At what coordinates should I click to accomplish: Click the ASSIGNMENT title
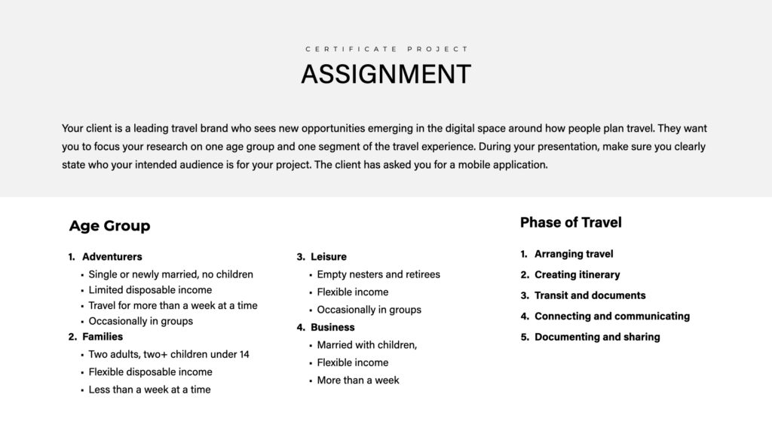(386, 75)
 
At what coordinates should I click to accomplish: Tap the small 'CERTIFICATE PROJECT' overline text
(386, 49)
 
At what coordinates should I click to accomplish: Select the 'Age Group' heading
(109, 226)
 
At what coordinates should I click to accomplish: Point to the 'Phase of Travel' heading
(571, 222)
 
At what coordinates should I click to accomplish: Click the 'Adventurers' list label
(112, 257)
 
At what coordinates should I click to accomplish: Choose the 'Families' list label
(103, 337)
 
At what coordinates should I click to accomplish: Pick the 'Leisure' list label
(329, 257)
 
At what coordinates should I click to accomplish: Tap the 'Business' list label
(332, 328)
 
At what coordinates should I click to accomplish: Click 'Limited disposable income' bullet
(150, 290)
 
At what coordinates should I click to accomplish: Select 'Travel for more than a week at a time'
(173, 306)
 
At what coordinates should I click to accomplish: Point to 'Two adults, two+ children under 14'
(169, 354)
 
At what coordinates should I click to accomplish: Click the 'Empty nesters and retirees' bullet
(378, 274)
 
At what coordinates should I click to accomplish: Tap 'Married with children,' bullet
(367, 345)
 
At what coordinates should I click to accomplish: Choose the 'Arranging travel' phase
(574, 254)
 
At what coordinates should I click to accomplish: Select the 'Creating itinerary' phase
(577, 275)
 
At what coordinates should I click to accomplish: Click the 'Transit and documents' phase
(590, 295)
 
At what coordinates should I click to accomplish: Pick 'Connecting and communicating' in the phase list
(611, 316)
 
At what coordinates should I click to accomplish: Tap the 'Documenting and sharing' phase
(597, 337)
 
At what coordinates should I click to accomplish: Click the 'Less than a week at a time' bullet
(149, 390)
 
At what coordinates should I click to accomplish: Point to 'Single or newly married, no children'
(170, 274)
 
